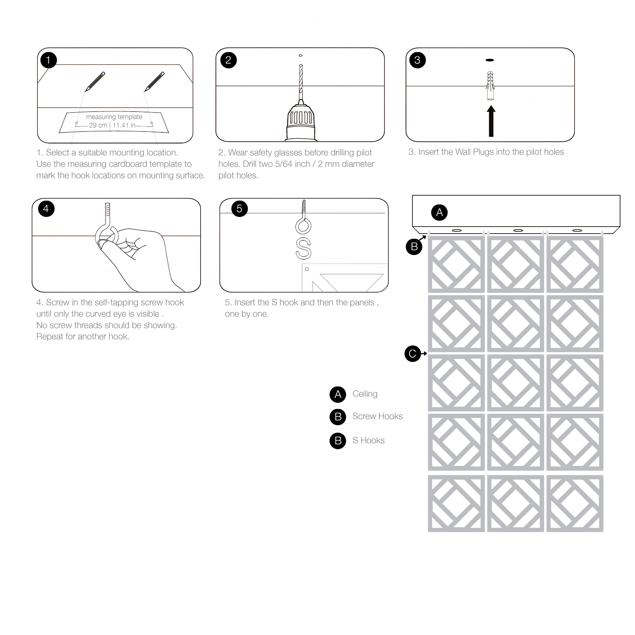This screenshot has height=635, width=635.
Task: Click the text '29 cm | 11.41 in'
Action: pyautogui.click(x=112, y=126)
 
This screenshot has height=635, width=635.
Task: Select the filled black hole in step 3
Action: pyautogui.click(x=490, y=60)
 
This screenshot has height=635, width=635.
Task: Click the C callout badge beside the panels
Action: pyautogui.click(x=413, y=354)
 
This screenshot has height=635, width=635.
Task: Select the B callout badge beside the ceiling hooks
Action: pyautogui.click(x=414, y=247)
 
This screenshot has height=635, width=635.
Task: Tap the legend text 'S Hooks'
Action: pyautogui.click(x=369, y=441)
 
